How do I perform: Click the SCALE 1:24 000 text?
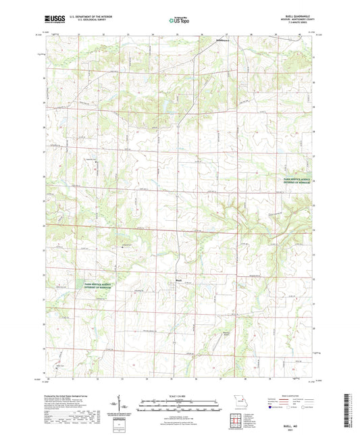click(180, 396)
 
